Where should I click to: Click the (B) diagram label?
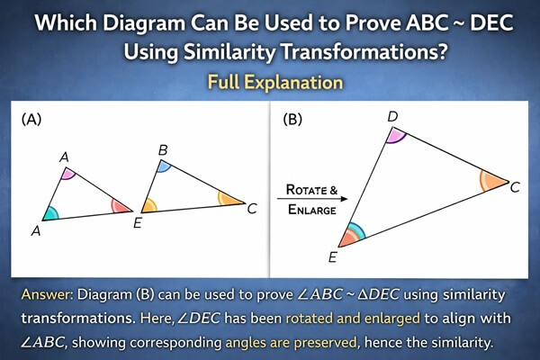click(292, 118)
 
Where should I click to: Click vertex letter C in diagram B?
click(515, 187)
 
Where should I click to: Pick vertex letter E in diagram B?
click(331, 256)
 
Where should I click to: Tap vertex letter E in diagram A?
click(137, 222)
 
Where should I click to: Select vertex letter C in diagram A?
click(252, 208)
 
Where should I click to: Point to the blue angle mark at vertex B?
click(165, 166)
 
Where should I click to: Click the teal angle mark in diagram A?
click(51, 214)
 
